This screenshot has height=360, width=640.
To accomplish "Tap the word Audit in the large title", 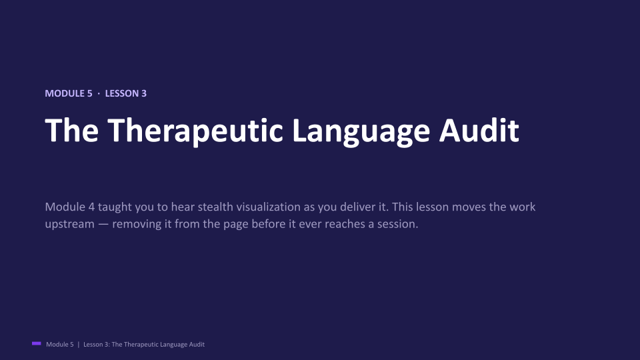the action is point(479,130).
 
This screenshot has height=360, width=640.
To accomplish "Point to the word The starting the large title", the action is point(71,130).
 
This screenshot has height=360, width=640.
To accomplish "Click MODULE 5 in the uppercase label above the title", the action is point(69,93).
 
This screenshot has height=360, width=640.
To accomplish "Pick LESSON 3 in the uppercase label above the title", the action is point(126,93).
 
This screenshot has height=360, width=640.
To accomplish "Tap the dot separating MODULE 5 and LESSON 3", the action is point(99,93).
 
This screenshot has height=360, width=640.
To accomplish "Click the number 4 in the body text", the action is point(91,207).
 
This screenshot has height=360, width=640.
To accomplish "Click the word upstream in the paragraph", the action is point(70,225).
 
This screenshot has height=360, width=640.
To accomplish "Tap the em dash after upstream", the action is point(104,224).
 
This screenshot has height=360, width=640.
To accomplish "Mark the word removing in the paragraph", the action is point(137,225).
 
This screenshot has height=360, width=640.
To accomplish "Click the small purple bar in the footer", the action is point(36,344).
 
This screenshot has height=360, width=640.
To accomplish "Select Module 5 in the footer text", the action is point(60,345).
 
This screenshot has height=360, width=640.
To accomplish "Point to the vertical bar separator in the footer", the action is point(79,345).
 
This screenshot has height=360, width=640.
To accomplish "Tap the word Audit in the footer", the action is point(197,345).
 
